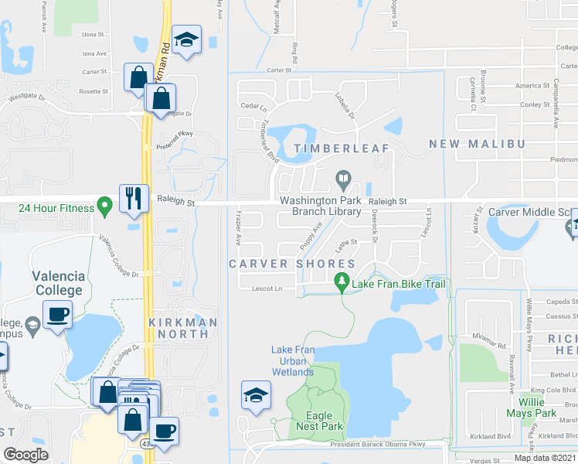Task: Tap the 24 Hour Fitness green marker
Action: coord(104,207)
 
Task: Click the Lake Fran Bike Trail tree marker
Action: coord(341,284)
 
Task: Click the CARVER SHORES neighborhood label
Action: coord(291,264)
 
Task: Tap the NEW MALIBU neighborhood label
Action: coord(477,144)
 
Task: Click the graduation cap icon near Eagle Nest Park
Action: coord(256,395)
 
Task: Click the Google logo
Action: coord(25,455)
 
